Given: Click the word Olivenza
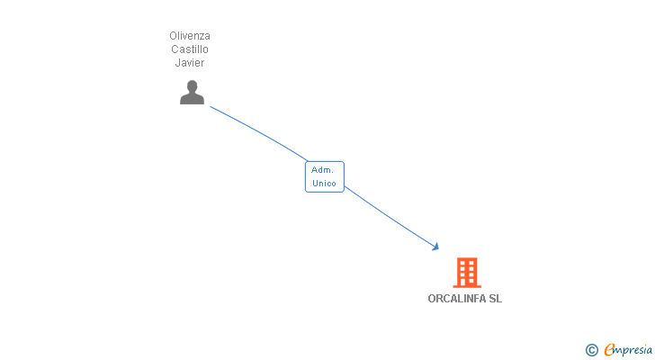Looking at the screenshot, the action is point(190,36).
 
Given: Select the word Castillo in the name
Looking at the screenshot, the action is point(190,49).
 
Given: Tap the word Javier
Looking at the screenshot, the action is point(190,63).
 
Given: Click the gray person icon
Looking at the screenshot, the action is point(192,92).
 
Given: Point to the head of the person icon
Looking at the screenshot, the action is point(192,85).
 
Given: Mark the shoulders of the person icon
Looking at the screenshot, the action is point(192,99).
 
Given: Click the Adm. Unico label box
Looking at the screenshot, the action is point(324,176).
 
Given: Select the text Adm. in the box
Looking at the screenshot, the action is point(322,169).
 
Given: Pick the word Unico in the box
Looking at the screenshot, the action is point(324,184).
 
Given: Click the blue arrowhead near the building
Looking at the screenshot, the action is point(435,247).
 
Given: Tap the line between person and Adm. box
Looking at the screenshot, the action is point(261,132).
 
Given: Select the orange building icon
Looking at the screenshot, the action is point(466,272).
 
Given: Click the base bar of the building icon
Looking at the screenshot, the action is point(466,286).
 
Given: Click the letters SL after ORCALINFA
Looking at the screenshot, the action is point(495,299).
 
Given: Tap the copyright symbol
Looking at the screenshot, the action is point(591,350).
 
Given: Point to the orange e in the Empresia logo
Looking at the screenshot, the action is point(609,350).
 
